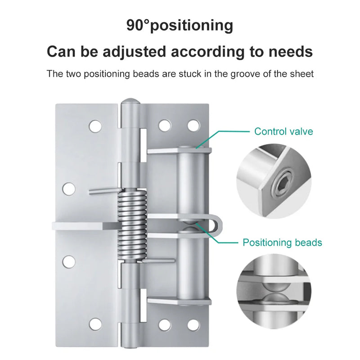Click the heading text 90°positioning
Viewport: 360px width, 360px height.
pyautogui.click(x=180, y=25)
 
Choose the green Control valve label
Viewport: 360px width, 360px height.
pyautogui.click(x=283, y=131)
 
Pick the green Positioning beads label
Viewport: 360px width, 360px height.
pyautogui.click(x=282, y=243)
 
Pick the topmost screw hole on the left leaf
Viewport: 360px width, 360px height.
pyautogui.click(x=95, y=126)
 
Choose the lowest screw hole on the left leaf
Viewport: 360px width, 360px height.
pyautogui.click(x=95, y=323)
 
